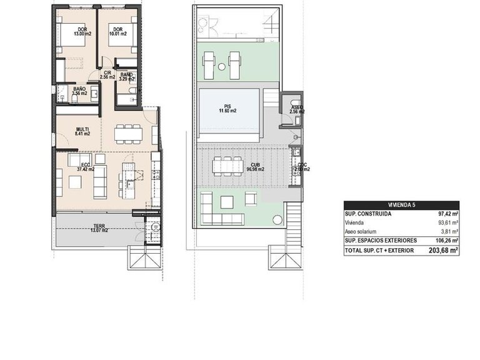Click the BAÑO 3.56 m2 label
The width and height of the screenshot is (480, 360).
coord(79,92)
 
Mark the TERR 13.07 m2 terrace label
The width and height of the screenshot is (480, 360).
coord(99,228)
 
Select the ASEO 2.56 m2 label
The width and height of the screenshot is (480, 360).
coord(297,109)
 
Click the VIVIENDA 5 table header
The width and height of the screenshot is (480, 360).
coord(401,205)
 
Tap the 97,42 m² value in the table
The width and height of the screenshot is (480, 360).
coord(447,214)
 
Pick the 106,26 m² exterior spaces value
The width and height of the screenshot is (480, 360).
coord(446,240)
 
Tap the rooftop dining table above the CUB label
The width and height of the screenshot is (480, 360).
coord(227,165)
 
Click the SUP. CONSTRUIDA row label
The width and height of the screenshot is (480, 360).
coord(369,214)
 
